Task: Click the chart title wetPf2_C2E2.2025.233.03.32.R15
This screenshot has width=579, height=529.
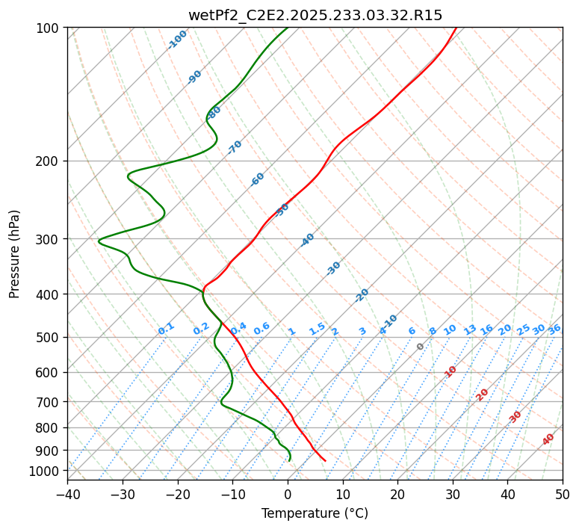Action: point(315,15)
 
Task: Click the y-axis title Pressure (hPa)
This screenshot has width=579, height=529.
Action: point(15,254)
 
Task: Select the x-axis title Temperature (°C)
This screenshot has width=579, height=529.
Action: point(315,514)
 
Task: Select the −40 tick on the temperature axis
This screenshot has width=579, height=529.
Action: point(67,494)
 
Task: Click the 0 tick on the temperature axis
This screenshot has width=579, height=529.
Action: point(288,494)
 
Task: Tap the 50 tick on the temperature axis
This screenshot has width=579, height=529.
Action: point(563,494)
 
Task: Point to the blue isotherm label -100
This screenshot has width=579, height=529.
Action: point(178,39)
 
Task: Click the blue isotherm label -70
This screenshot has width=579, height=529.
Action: point(235,146)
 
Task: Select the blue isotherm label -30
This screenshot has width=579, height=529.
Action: point(333,268)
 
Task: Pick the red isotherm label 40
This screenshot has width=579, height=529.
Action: point(548,439)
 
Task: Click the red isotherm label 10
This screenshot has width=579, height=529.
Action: point(450,371)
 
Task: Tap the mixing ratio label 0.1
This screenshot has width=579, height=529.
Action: point(167,328)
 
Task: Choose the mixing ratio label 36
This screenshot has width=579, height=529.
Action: point(554,329)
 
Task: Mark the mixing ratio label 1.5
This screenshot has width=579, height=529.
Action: point(317,328)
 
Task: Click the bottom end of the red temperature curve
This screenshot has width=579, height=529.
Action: point(325,460)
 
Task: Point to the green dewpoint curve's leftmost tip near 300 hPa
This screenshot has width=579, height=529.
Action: point(99,240)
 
